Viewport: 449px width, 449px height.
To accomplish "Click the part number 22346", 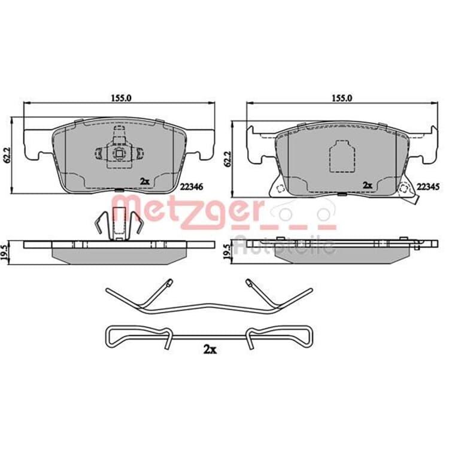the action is [192, 187].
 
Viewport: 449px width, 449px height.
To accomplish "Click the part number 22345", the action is [428, 187].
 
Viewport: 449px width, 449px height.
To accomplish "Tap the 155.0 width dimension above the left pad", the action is [121, 98].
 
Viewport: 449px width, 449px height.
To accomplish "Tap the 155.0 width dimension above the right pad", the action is [342, 98].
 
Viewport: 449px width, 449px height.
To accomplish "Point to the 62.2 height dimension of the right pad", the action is [228, 159].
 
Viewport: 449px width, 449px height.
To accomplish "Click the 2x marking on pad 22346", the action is [145, 181].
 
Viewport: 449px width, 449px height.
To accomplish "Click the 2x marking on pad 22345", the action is [368, 185].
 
